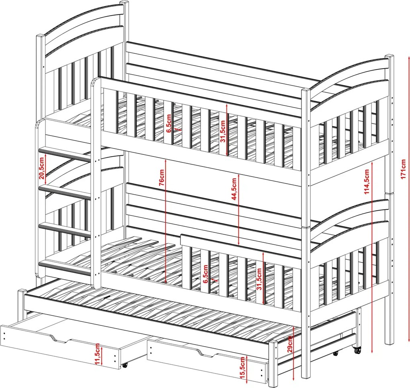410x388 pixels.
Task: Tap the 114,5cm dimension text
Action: tap(367, 182)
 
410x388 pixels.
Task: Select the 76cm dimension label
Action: tap(162, 177)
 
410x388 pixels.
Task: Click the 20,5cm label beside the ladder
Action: tap(42, 169)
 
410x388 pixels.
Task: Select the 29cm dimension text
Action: tap(289, 344)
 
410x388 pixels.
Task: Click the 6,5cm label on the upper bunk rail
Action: tap(169, 123)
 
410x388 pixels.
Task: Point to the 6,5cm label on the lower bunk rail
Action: tap(205, 274)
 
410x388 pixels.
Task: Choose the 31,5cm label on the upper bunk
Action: tap(223, 131)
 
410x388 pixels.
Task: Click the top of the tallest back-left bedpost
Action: tap(125, 3)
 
